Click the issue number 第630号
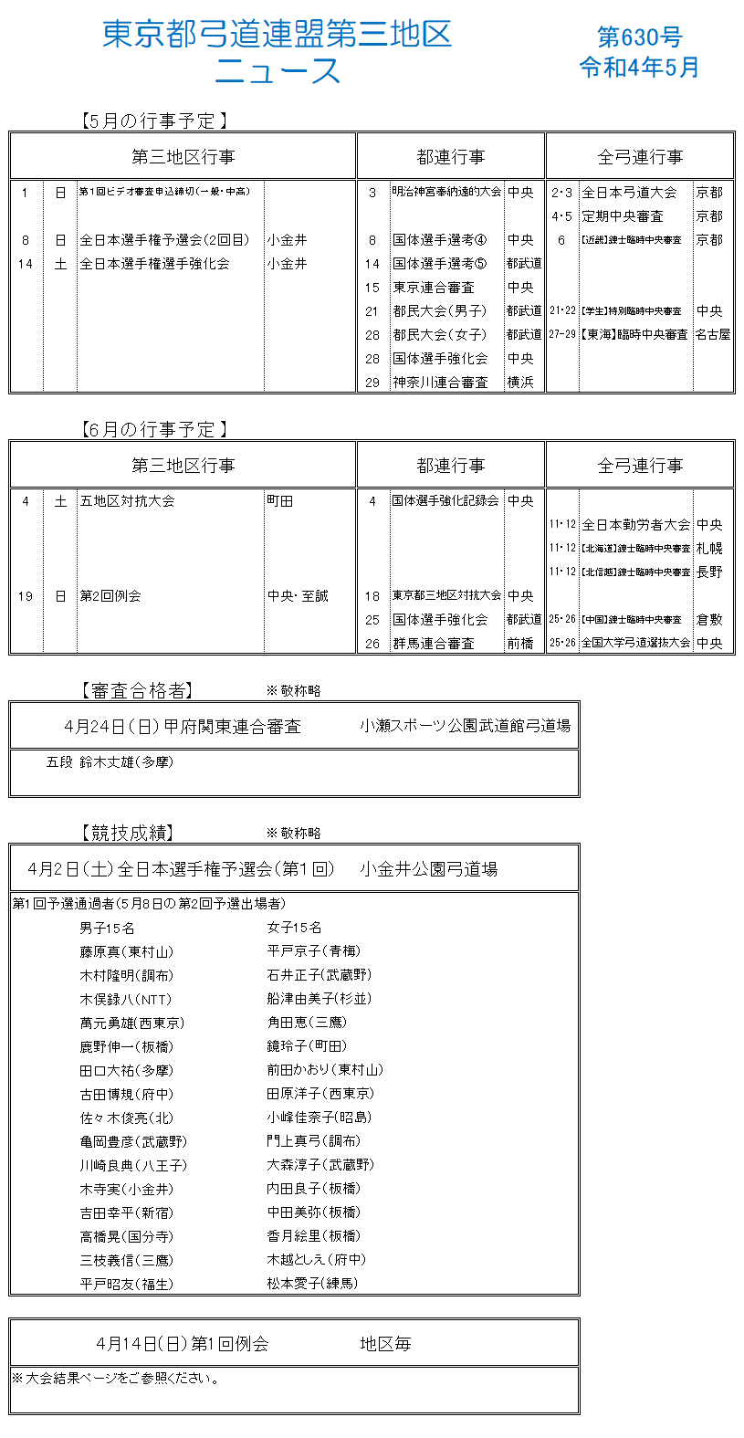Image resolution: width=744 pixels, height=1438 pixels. (639, 37)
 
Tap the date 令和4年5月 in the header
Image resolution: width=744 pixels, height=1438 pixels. (639, 67)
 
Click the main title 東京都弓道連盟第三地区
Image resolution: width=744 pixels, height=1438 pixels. (277, 35)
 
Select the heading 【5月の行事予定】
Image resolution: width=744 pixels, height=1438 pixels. (152, 120)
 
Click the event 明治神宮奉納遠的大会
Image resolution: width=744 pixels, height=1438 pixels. (446, 192)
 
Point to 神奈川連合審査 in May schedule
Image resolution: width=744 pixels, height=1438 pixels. (440, 383)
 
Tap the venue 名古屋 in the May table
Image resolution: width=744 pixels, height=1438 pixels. (713, 335)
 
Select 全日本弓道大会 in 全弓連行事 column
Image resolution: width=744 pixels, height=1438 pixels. (629, 193)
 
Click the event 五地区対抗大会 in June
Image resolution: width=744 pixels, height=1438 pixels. (127, 501)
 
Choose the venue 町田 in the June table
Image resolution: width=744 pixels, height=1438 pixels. (280, 501)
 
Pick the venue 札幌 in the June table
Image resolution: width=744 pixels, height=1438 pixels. (709, 549)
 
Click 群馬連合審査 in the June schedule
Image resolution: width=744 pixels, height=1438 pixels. (434, 644)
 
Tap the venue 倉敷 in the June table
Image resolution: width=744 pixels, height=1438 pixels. (709, 620)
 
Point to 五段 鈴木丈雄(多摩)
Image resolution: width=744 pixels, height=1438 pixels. (110, 762)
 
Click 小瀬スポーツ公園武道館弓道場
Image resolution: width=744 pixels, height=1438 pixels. (465, 727)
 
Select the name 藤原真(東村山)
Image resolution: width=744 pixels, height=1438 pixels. (126, 952)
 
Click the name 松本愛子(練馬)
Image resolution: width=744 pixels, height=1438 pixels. (312, 1284)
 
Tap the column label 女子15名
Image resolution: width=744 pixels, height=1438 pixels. (294, 928)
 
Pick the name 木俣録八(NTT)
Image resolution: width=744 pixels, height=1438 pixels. (125, 1000)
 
